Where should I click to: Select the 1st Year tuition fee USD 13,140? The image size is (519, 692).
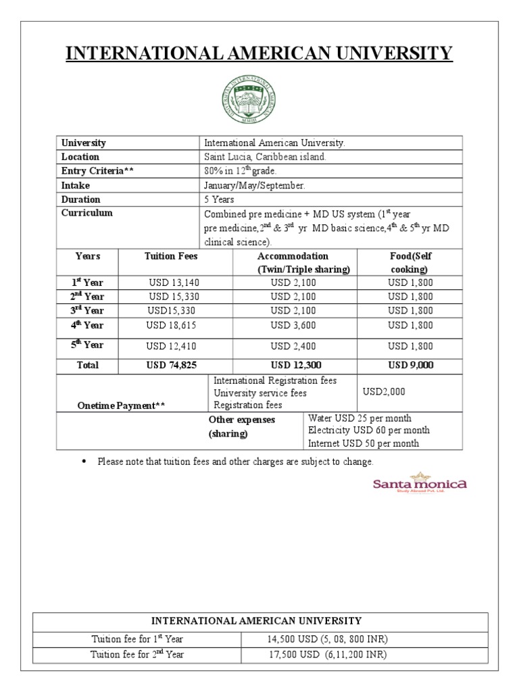(174, 282)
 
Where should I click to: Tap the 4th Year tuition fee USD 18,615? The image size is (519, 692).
(174, 325)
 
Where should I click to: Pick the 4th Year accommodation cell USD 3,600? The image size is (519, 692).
(293, 325)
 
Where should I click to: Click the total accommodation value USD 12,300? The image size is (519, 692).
(293, 365)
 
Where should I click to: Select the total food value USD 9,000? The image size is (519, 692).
(410, 365)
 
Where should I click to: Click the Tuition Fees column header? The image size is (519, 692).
(171, 256)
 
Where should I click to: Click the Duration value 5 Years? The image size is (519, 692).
(220, 199)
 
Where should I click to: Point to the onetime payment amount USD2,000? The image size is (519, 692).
(383, 392)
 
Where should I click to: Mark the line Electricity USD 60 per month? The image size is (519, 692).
(368, 430)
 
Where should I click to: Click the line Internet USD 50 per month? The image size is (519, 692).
(364, 443)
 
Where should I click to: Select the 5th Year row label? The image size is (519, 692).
(87, 345)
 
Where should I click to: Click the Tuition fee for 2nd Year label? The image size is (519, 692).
(137, 654)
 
